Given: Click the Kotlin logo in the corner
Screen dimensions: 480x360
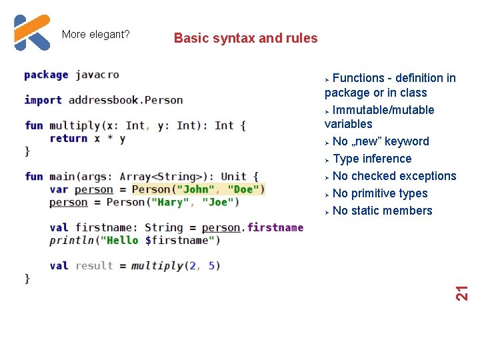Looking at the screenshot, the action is (x=32, y=33).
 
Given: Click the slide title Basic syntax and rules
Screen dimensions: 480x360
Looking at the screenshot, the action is (x=245, y=39).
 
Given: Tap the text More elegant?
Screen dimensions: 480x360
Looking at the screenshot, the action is (x=95, y=34).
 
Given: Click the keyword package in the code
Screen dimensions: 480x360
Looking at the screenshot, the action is (x=46, y=75).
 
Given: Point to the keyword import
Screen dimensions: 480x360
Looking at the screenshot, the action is (x=43, y=100).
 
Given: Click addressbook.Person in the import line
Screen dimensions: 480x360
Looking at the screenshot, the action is (x=125, y=100).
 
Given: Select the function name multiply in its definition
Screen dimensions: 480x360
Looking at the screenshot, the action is (x=75, y=125).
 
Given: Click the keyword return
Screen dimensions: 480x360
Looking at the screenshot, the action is (x=68, y=139).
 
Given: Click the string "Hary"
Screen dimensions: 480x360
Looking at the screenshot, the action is (x=171, y=202).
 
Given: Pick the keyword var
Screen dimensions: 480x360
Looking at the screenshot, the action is (x=59, y=189).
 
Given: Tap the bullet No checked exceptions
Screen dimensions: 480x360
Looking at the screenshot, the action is (x=394, y=176).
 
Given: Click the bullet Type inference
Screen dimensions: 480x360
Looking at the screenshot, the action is (x=371, y=159).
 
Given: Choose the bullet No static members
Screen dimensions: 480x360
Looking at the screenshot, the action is (x=382, y=211).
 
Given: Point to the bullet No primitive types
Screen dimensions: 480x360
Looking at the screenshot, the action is (x=380, y=193).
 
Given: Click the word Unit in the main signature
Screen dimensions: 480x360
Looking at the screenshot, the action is (x=234, y=177).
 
